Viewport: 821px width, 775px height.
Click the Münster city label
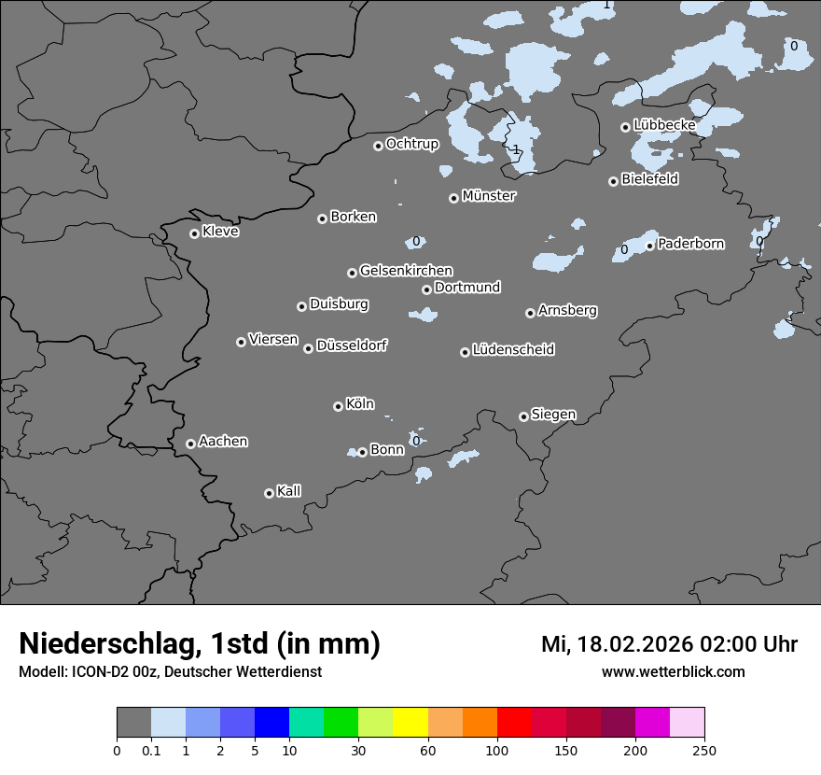click(489, 196)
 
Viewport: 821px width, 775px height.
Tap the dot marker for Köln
click(338, 406)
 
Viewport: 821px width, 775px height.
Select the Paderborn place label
click(691, 244)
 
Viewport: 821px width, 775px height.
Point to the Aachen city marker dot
click(190, 444)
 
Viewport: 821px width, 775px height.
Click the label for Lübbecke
click(664, 124)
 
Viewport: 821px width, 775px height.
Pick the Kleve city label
click(221, 232)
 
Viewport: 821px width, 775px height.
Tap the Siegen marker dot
click(523, 416)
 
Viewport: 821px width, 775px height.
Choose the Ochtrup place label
click(412, 144)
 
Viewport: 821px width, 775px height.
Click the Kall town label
click(289, 491)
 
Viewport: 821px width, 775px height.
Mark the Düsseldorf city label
click(352, 345)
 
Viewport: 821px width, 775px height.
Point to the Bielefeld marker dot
click(613, 181)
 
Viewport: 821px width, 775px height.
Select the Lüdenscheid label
click(513, 350)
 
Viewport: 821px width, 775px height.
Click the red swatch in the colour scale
click(513, 722)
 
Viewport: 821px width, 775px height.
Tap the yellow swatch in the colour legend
click(410, 722)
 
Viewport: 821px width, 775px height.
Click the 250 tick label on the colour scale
click(704, 749)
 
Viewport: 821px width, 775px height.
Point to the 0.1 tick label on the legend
click(150, 749)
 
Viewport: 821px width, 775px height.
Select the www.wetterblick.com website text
click(674, 671)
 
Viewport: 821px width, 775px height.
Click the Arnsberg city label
click(567, 310)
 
